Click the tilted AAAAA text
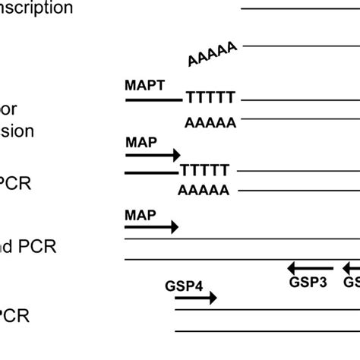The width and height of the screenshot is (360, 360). pyautogui.click(x=213, y=54)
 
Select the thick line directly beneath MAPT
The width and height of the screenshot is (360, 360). pyautogui.click(x=153, y=99)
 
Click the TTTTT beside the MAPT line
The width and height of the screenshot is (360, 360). pyautogui.click(x=210, y=99)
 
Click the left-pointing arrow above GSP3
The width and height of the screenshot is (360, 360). pyautogui.click(x=310, y=267)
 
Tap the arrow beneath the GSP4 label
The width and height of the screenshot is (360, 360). pyautogui.click(x=195, y=298)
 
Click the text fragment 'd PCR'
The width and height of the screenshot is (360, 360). pyautogui.click(x=29, y=247)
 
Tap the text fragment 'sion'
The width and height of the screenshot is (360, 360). pyautogui.click(x=17, y=131)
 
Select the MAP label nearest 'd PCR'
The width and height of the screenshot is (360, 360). pyautogui.click(x=141, y=215)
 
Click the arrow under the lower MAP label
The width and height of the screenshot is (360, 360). pyautogui.click(x=151, y=227)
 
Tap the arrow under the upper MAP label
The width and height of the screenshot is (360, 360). pyautogui.click(x=152, y=155)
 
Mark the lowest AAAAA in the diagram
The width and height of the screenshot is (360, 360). pyautogui.click(x=203, y=191)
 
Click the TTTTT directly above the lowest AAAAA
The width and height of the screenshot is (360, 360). pyautogui.click(x=204, y=171)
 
